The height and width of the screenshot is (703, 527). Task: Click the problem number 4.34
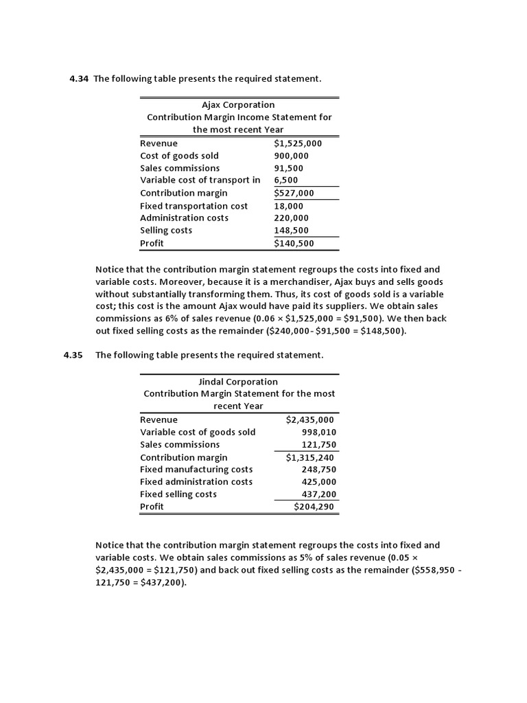pos(79,79)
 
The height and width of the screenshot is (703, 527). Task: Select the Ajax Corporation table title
pos(238,105)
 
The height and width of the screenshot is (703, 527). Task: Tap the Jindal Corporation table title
pos(239,382)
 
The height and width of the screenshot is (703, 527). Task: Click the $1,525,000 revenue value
pos(298,143)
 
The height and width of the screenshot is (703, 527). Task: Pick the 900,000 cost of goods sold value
pos(292,156)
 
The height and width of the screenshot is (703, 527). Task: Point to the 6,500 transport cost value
pos(285,181)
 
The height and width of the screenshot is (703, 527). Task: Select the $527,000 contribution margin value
pos(294,193)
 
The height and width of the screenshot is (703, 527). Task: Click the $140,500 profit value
pos(294,243)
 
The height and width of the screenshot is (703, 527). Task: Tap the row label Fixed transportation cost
pos(194,206)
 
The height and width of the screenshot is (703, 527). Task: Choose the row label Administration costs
pos(184,218)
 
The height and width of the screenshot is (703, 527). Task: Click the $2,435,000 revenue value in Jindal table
pos(309,419)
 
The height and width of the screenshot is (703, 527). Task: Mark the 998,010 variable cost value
pos(318,432)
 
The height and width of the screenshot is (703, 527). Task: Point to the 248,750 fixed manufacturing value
pos(318,470)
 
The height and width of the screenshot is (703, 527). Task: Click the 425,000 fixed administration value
pos(318,482)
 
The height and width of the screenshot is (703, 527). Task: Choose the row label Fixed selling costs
pos(178,494)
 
